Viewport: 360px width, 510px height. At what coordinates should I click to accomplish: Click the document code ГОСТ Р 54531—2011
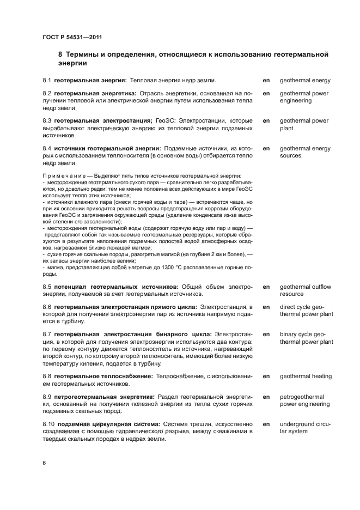(x=72, y=37)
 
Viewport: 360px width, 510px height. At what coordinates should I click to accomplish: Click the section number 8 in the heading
(x=60, y=54)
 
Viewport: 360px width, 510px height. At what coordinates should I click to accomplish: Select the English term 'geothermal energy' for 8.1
(x=305, y=80)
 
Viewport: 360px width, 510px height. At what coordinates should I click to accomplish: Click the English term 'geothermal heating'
(x=306, y=377)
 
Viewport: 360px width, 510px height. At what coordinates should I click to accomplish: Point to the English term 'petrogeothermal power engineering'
(x=304, y=400)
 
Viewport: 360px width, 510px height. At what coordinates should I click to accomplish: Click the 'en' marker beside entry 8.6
(x=267, y=307)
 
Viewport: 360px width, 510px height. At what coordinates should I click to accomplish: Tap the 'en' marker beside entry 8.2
(x=267, y=94)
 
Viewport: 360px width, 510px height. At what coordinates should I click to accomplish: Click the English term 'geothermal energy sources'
(x=305, y=152)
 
